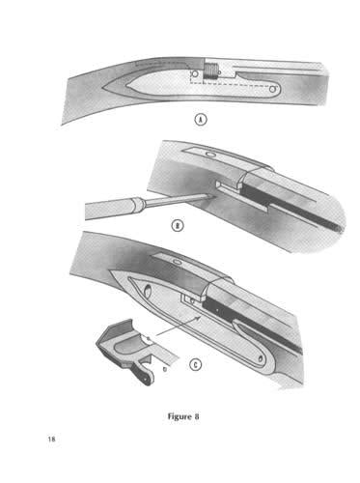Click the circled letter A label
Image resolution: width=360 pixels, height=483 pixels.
pyautogui.click(x=201, y=120)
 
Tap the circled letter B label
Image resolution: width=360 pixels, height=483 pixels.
pyautogui.click(x=177, y=225)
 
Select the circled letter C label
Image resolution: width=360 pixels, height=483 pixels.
pyautogui.click(x=195, y=365)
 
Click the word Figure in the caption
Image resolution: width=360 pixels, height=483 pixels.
pyautogui.click(x=180, y=416)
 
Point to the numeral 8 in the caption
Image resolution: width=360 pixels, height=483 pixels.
pyautogui.click(x=197, y=416)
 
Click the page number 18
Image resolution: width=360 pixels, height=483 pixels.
pyautogui.click(x=51, y=439)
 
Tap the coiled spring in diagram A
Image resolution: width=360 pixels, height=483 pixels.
pyautogui.click(x=210, y=72)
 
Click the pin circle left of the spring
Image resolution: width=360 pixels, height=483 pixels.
pyautogui.click(x=194, y=73)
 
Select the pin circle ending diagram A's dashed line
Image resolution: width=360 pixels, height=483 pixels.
pyautogui.click(x=273, y=89)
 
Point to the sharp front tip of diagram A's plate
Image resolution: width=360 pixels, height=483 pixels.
pyautogui.click(x=103, y=87)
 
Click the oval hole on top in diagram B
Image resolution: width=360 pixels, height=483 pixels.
pyautogui.click(x=210, y=155)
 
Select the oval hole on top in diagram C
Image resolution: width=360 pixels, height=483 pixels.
pyautogui.click(x=177, y=262)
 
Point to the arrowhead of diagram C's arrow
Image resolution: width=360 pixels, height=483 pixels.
pyautogui.click(x=200, y=318)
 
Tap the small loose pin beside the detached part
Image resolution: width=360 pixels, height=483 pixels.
pyautogui.click(x=165, y=369)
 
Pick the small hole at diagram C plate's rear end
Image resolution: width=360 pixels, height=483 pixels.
pyautogui.click(x=260, y=358)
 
